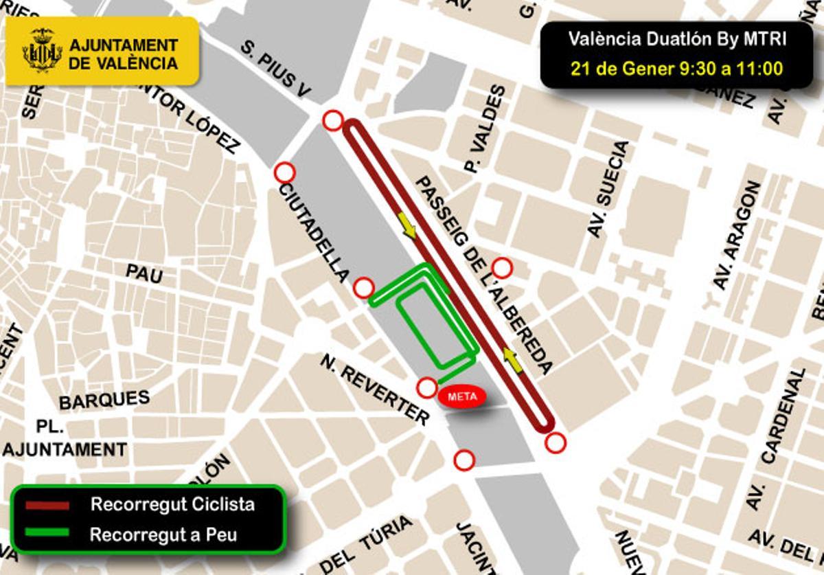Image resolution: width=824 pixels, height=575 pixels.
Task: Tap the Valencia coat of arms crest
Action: (42, 50)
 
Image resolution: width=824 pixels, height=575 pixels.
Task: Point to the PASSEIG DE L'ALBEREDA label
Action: (485, 275)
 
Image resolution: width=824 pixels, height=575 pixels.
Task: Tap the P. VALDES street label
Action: (486, 128)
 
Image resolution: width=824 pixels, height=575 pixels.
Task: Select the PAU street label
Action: (144, 273)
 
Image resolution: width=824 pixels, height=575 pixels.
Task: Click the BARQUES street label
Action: (104, 400)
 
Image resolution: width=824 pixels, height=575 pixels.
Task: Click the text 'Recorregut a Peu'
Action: (163, 534)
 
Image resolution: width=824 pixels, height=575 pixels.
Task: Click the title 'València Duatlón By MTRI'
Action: (676, 39)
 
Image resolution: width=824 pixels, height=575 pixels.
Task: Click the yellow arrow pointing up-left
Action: (512, 359)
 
